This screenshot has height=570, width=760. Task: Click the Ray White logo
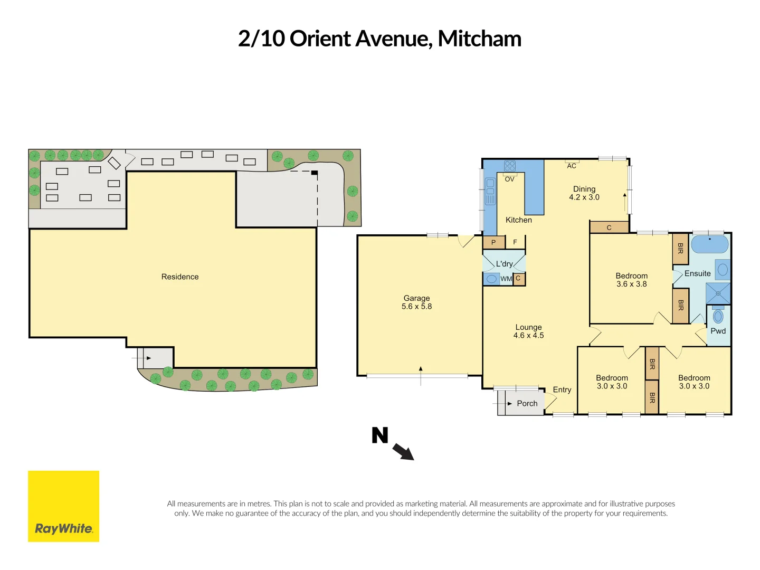pos(63,506)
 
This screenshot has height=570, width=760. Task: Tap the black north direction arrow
pos(403,452)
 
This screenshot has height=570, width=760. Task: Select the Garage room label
pos(416,298)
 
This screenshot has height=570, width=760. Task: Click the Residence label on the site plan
pos(180,277)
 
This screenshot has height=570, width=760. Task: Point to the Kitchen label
pos(518,220)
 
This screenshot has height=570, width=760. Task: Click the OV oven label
pos(509,179)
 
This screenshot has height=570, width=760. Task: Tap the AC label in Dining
pos(572,166)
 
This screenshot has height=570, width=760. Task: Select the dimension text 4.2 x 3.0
pos(584,197)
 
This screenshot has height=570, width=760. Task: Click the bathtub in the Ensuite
pos(709,245)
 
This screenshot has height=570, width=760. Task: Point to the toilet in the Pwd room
pos(718,316)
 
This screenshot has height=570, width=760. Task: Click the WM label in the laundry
pos(506,279)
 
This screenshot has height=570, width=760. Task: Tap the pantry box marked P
pos(493,242)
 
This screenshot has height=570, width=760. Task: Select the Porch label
pos(527,403)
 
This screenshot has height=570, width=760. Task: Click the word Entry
pos(562,389)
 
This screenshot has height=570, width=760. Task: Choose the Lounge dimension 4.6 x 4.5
pos(528,336)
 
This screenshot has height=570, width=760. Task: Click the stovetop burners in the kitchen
pos(509,166)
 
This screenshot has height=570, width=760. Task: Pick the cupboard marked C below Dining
pos(609,227)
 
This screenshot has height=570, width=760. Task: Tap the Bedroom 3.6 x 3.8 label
pos(631,280)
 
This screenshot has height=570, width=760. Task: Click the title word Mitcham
pos(479,39)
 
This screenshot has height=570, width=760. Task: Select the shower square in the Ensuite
pos(718,293)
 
